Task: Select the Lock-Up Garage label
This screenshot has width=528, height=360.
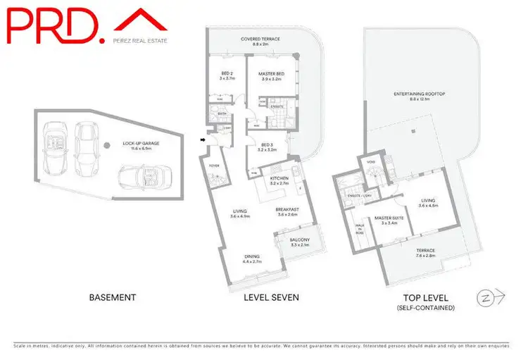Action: (142, 145)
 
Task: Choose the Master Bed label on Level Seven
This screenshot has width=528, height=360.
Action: (271, 75)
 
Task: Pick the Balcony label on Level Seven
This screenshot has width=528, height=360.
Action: (300, 242)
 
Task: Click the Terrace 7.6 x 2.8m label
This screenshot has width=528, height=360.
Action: (425, 253)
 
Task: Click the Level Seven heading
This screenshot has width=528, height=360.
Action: (271, 298)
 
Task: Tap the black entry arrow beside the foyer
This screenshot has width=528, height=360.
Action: (204, 140)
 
